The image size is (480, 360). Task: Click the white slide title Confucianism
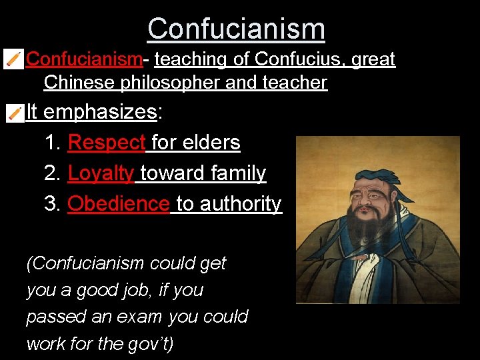236,29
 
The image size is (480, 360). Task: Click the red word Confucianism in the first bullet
84,59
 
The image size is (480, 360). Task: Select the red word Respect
107,143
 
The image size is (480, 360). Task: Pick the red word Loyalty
101,173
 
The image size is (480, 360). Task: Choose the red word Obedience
118,203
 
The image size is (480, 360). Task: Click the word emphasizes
99,111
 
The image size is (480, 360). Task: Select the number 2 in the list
51,173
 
